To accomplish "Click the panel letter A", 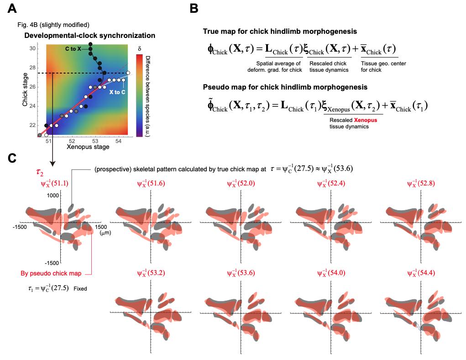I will [13, 8].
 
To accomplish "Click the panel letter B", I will [194, 8].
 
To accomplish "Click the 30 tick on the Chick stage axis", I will [32, 48].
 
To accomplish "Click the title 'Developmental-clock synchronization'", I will [89, 35].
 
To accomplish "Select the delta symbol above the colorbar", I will [140, 47].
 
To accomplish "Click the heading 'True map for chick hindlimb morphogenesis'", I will [280, 32].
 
